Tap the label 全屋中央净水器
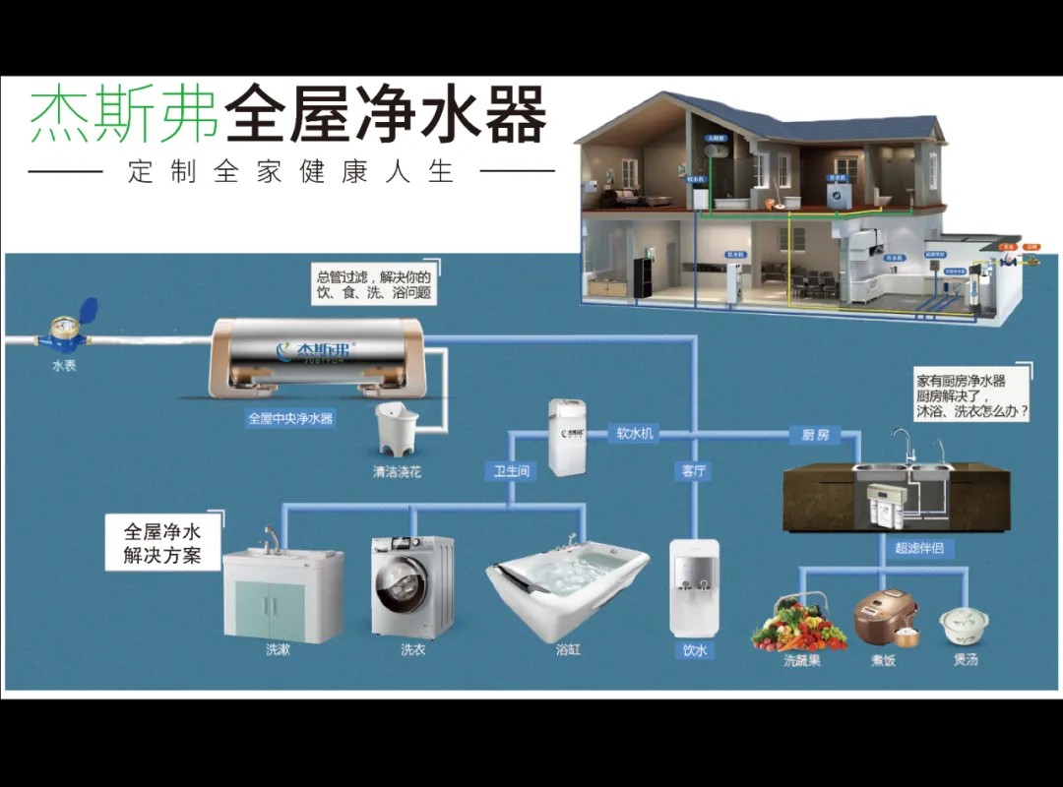290,418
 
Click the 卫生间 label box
511,471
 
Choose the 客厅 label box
694,471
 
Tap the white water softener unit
566,436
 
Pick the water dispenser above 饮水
695,585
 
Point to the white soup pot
962,624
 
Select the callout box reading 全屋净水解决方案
163,542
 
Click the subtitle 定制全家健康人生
291,171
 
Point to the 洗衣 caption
412,649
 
